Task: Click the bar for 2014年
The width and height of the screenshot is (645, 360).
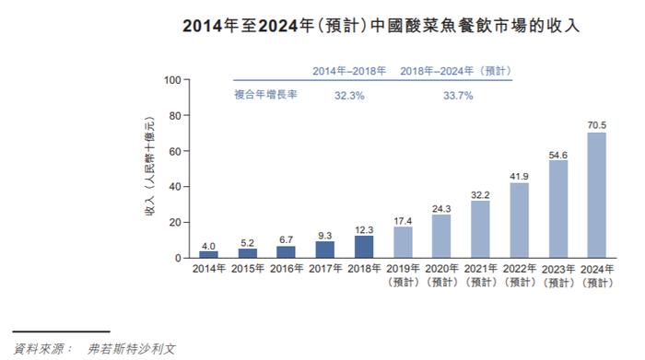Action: [209, 254]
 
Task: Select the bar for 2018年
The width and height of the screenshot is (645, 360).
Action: [364, 247]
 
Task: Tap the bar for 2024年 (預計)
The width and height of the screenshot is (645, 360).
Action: [597, 195]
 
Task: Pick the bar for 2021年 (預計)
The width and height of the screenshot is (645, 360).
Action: [481, 229]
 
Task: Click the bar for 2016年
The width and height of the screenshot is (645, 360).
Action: [287, 251]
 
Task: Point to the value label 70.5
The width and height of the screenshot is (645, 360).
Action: [597, 124]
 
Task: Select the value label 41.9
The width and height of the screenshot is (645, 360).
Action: [520, 175]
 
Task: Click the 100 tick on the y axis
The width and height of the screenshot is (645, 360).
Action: [173, 80]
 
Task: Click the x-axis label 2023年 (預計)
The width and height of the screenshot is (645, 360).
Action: [558, 275]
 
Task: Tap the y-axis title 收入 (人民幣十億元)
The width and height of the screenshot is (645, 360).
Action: [148, 170]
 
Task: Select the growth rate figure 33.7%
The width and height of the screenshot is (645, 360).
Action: [459, 95]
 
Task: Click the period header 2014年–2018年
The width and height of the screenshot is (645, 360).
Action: [350, 70]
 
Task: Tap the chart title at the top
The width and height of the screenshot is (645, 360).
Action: [322, 24]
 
